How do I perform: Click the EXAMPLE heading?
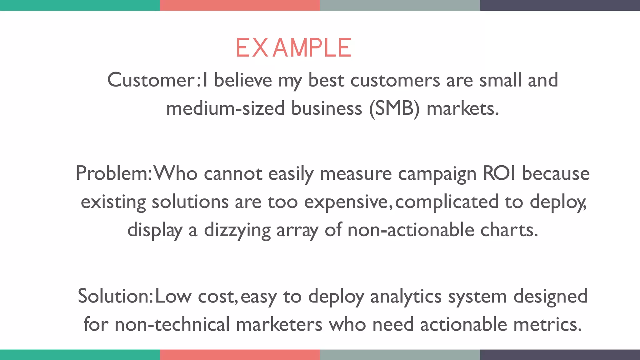294,48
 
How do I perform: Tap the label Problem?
114,173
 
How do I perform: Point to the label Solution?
115,296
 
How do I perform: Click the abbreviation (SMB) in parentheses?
394,109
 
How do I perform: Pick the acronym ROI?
499,173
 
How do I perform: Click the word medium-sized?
225,109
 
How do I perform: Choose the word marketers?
279,324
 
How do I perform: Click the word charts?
509,230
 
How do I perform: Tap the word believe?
243,80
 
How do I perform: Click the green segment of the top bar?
80,5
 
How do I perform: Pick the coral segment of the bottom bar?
240,355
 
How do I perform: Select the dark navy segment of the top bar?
560,5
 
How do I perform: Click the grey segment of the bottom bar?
400,355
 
